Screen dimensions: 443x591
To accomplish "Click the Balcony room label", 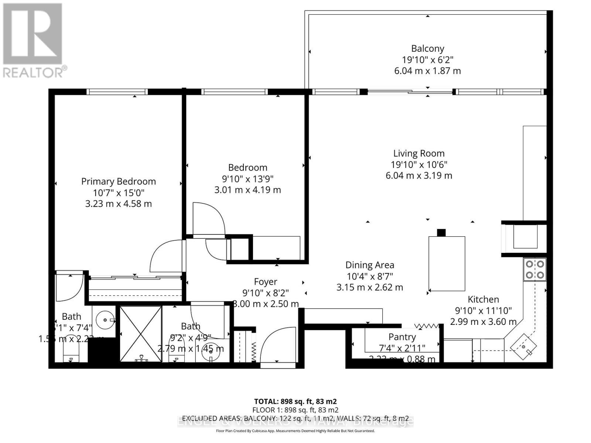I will [x=427, y=49].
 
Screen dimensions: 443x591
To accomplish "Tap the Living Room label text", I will [x=419, y=154].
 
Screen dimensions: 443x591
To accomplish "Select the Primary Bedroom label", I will [x=118, y=182].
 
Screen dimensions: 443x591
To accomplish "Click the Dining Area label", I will [x=369, y=265].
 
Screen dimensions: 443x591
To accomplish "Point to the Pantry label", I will [x=402, y=337].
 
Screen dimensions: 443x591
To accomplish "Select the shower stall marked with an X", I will [x=141, y=334].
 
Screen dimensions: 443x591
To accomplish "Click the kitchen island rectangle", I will [x=447, y=263].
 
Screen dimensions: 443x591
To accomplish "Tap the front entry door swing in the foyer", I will [x=278, y=345].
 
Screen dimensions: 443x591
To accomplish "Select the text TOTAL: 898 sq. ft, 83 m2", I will [x=295, y=401].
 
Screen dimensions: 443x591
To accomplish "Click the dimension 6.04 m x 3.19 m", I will [x=419, y=176].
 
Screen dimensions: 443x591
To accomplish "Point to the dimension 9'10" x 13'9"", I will [x=247, y=179].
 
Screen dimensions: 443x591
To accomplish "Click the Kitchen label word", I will [x=483, y=299].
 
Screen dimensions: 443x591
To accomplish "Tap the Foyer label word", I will [x=265, y=282].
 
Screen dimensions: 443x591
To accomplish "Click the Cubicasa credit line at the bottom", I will [x=295, y=431].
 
